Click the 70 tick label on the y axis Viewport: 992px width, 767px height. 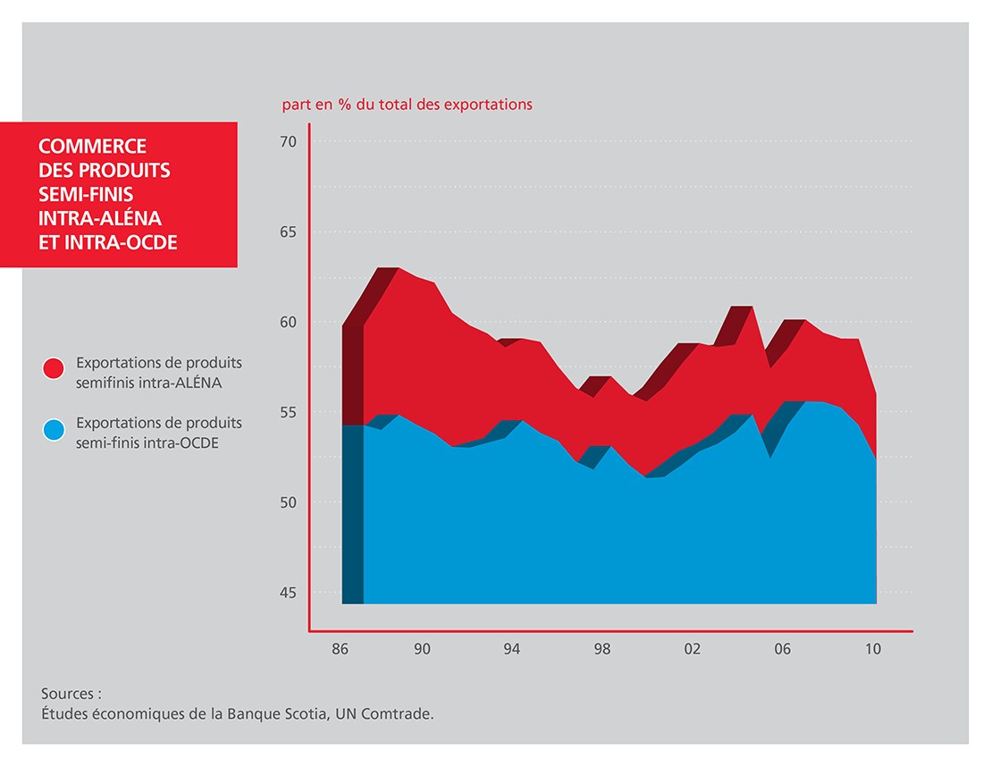(x=289, y=141)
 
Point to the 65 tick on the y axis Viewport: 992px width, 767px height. (x=289, y=232)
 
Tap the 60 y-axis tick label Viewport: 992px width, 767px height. (x=289, y=322)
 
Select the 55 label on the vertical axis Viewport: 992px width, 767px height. (x=289, y=412)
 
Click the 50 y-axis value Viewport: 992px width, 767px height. (x=289, y=502)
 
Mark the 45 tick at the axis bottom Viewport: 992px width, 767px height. (x=289, y=593)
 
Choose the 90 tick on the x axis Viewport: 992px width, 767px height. (x=422, y=649)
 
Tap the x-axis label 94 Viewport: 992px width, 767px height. (x=512, y=649)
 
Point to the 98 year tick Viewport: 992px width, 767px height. (x=602, y=649)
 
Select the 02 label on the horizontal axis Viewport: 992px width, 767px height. (x=693, y=649)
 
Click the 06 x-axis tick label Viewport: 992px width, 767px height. (x=783, y=649)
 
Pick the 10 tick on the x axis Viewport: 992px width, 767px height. (x=873, y=649)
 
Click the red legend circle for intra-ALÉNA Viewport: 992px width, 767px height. (x=53, y=369)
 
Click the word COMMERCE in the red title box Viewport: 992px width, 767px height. (x=93, y=146)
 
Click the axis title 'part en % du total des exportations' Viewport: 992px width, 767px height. (x=407, y=105)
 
